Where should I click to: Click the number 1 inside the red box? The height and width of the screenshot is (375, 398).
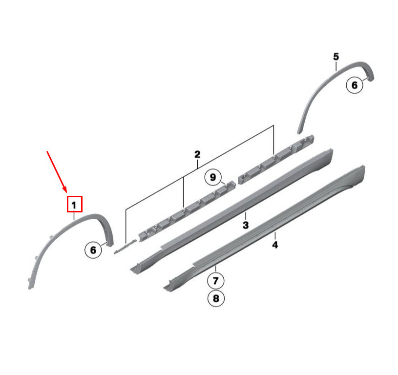[74, 205]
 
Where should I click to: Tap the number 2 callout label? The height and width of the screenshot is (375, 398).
[197, 154]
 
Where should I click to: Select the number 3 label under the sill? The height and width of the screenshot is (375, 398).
[246, 225]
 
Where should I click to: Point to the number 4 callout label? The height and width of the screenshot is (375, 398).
[275, 245]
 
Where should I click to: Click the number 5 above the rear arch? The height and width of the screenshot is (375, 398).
[336, 57]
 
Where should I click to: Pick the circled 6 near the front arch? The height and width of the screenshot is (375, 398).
[93, 250]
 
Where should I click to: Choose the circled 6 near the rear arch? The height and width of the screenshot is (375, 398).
[355, 85]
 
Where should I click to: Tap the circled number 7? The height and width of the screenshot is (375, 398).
[216, 281]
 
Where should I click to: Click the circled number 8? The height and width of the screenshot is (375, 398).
[216, 298]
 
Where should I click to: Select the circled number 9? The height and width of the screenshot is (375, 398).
[213, 177]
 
